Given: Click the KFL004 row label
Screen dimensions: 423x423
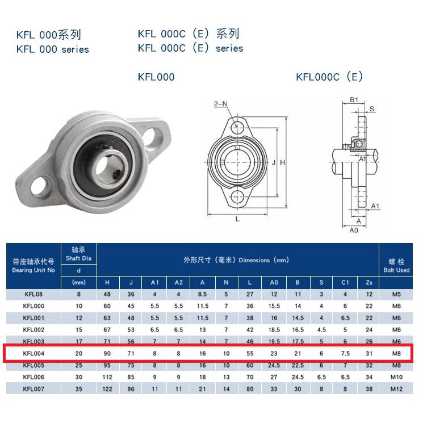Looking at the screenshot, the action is (x=33, y=353).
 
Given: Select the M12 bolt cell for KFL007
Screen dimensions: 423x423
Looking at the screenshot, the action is (x=396, y=389).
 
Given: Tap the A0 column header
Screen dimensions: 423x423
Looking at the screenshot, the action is (x=274, y=282).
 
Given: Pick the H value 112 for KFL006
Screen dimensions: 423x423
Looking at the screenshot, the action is (x=107, y=377).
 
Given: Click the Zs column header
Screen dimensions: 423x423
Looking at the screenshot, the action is (x=368, y=282).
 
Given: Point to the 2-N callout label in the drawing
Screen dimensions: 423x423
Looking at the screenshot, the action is (x=220, y=104).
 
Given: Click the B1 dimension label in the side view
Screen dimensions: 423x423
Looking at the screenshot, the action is (x=354, y=100).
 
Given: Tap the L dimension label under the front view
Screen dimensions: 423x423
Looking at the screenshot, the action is (x=237, y=219).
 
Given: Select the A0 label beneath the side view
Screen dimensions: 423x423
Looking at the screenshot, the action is (x=354, y=230).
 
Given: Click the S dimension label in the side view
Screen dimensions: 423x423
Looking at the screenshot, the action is (x=372, y=108).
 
